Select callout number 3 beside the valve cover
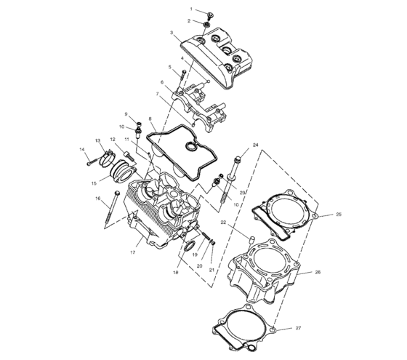click(172, 33)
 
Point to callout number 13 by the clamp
click(97, 140)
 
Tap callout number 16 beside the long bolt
click(97, 198)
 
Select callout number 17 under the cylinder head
click(133, 252)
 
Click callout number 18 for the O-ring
click(175, 272)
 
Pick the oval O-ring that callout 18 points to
click(186, 251)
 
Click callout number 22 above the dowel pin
click(225, 223)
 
